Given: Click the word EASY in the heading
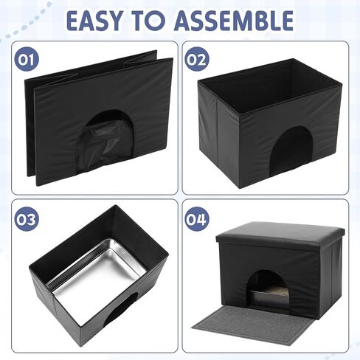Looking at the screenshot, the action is [x=94, y=21].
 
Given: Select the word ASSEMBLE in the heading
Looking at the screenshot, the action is [x=235, y=21].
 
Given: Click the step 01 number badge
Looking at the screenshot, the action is [x=27, y=59].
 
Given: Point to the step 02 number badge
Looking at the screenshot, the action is [x=197, y=59].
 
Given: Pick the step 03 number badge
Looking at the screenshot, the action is [x=27, y=219].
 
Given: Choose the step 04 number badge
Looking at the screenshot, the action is [x=197, y=219].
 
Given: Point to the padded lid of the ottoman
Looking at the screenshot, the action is [x=280, y=234].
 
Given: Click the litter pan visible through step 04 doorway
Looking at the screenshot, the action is [x=269, y=297].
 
